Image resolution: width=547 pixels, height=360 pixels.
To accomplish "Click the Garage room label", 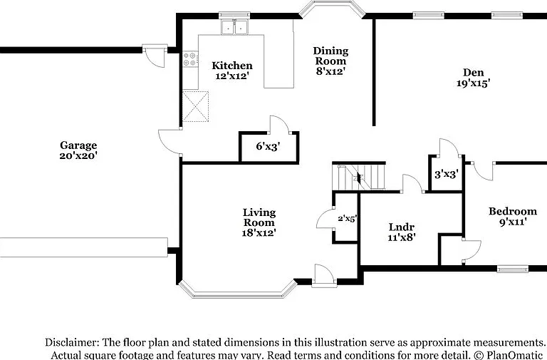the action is tap(78, 150).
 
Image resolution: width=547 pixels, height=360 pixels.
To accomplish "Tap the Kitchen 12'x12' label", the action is tap(232, 71).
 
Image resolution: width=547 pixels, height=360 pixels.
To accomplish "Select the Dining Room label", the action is tap(330, 61).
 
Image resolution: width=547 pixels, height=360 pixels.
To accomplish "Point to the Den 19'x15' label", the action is tap(474, 78).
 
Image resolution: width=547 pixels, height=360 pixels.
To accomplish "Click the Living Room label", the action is tap(259, 222).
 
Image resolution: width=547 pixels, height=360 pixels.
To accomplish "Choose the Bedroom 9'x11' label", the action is tap(513, 216).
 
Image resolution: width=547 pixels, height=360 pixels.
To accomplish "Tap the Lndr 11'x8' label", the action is tap(401, 232).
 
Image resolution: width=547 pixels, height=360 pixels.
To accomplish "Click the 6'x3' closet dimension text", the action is tap(269, 146).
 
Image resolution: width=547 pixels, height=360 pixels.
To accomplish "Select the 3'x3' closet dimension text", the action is tap(446, 174).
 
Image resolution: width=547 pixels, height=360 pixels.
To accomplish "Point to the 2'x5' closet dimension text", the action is tap(347, 219).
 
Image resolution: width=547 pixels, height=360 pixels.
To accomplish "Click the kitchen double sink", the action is tap(234, 27).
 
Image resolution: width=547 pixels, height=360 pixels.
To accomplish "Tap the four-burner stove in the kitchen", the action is tap(190, 59).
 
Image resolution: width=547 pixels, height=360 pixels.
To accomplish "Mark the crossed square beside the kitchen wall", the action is tap(195, 106).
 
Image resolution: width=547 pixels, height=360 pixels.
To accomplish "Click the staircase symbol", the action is tap(359, 178).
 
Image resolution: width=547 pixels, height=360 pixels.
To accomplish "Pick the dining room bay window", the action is tap(332, 9).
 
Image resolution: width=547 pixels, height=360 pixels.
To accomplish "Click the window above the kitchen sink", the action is tap(234, 15).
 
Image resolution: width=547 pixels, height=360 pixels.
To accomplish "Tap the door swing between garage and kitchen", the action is tap(170, 141).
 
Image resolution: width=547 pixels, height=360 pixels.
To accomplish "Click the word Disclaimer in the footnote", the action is tap(70, 342).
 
